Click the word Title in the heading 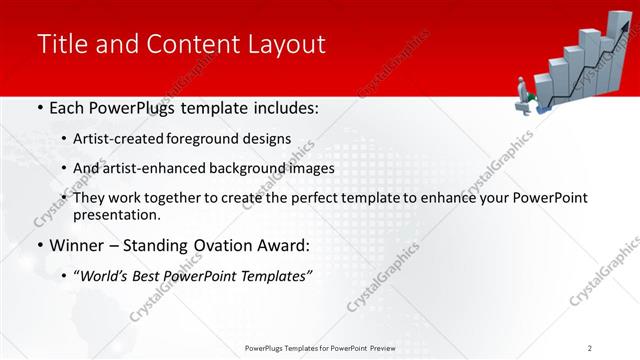pyautogui.click(x=60, y=44)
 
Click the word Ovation pyautogui.click(x=220, y=246)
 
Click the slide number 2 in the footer pyautogui.click(x=590, y=347)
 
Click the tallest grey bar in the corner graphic pyautogui.click(x=612, y=60)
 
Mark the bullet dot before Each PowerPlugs pyautogui.click(x=38, y=108)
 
